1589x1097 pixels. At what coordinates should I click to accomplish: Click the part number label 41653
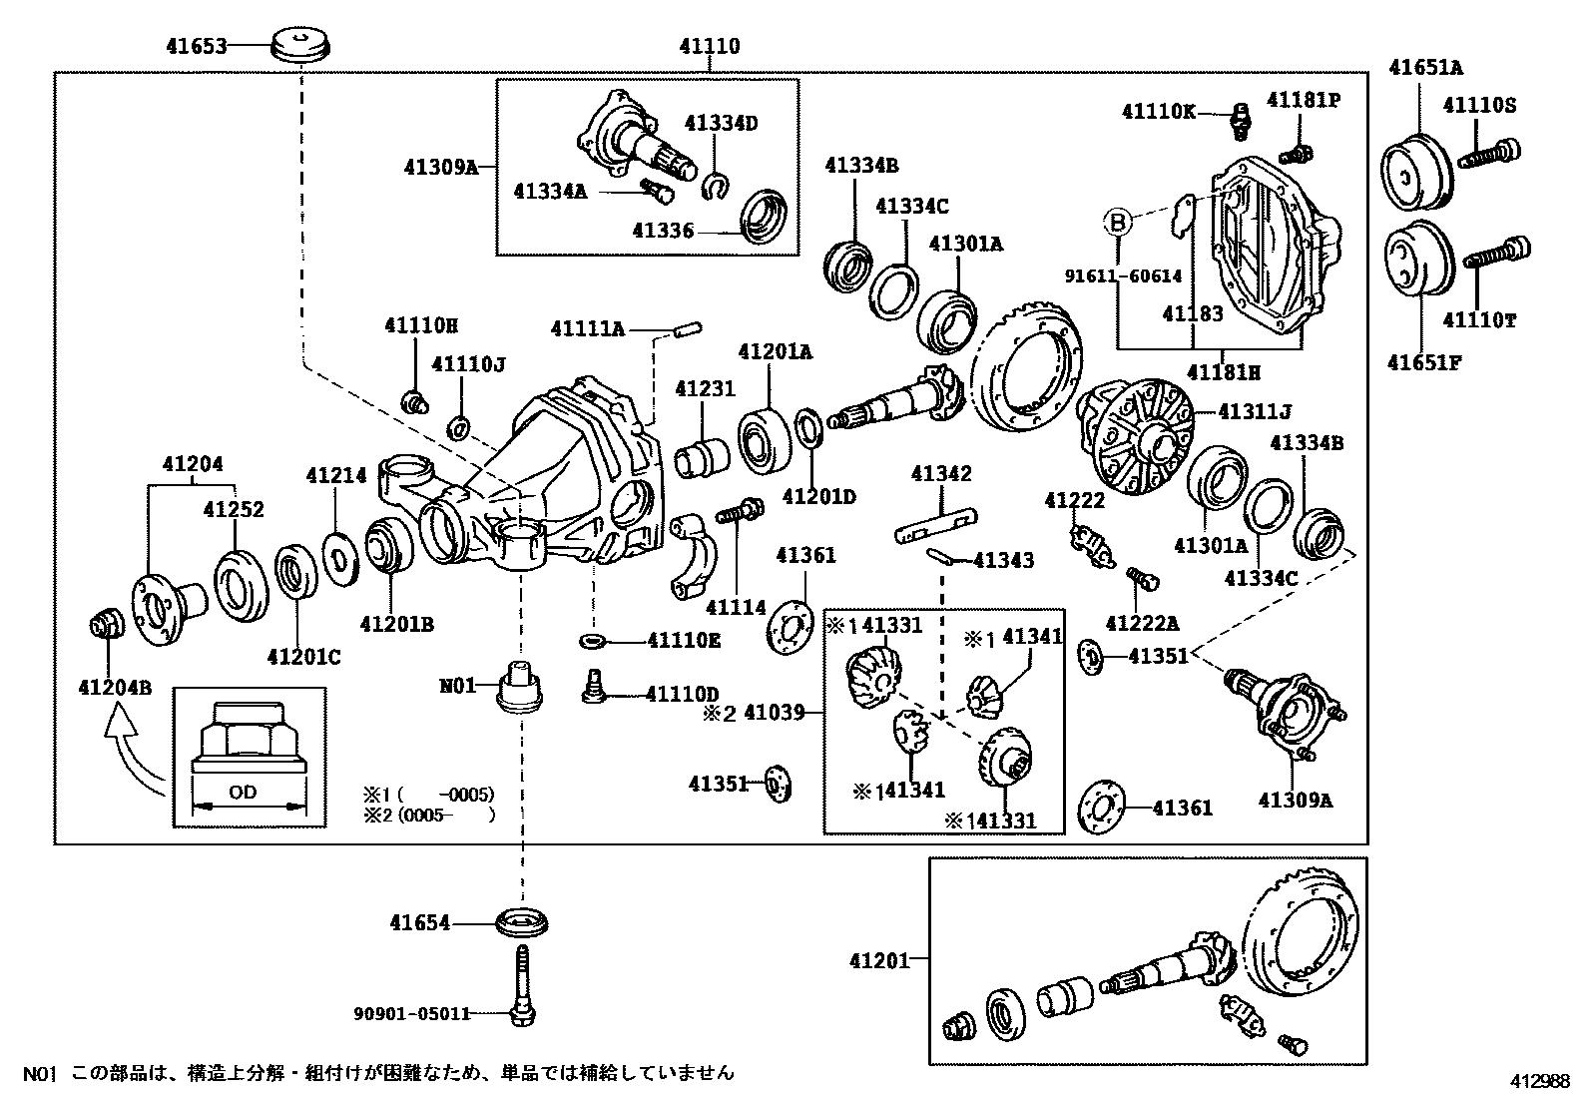point(197,47)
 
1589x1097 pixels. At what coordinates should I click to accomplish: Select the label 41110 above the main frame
point(710,47)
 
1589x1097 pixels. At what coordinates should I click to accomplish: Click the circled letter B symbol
point(1117,224)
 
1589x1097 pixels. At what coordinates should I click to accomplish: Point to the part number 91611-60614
point(1124,276)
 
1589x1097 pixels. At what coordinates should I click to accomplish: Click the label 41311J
point(1255,411)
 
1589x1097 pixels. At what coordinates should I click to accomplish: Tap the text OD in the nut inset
point(243,792)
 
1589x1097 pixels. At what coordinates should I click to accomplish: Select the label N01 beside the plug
point(457,686)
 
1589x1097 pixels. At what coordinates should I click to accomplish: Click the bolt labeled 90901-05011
point(523,985)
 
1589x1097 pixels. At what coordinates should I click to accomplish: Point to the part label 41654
point(420,923)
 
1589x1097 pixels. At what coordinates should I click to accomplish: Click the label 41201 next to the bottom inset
point(879,961)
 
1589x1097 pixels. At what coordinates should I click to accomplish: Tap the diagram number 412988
point(1539,1081)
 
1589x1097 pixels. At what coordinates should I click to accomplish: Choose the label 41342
point(941,473)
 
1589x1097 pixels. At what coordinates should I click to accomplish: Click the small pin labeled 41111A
point(687,329)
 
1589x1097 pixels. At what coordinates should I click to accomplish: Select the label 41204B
point(115,688)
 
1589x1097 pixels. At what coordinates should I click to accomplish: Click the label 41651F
point(1424,362)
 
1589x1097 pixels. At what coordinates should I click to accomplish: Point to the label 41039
point(774,712)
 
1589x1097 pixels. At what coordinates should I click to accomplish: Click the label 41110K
point(1159,112)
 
